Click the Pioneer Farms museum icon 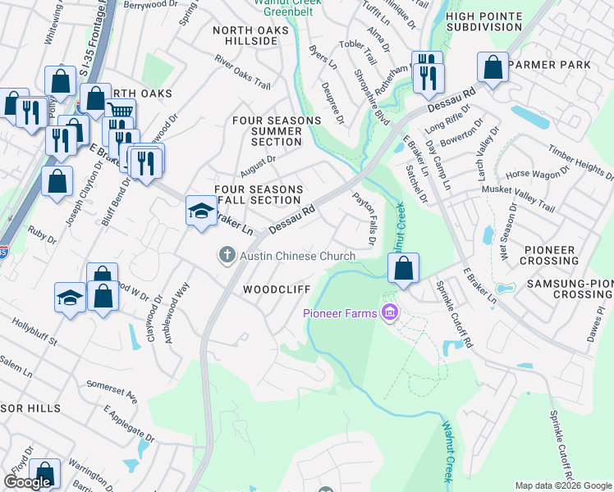point(389,312)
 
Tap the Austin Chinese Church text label point(297,256)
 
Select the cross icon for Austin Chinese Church point(227,256)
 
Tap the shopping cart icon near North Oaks point(120,111)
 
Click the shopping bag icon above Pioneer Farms point(403,268)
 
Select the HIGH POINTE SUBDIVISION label point(484,21)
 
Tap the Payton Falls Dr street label point(364,219)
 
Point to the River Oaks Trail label point(242,72)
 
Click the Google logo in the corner point(27,482)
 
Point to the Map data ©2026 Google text point(563,485)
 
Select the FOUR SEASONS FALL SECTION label point(258,194)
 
